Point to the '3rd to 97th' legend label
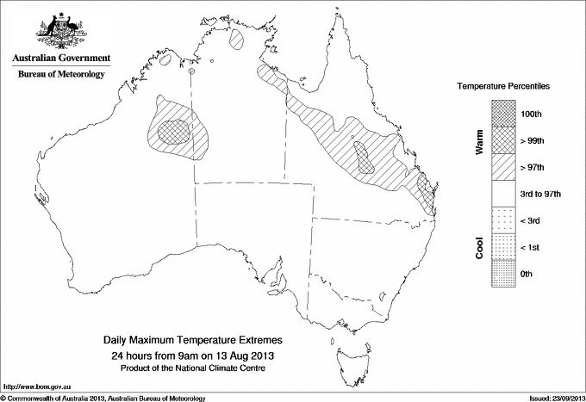pos(539,194)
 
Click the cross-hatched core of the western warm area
pos(178,129)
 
